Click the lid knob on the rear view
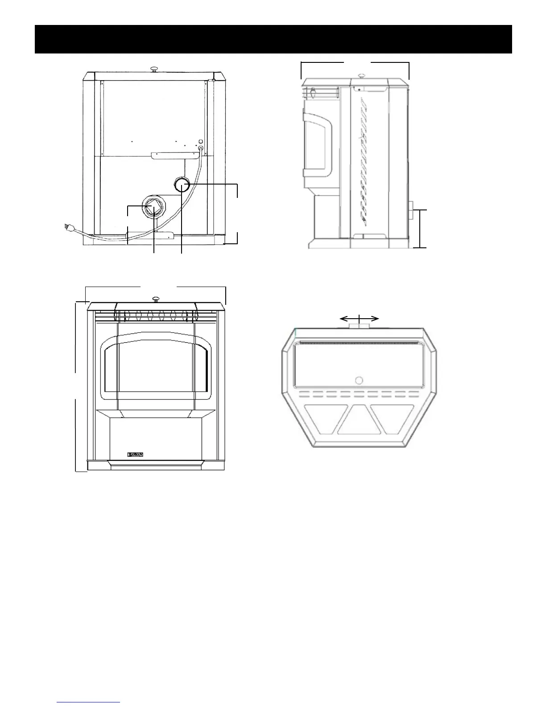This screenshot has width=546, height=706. click(153, 69)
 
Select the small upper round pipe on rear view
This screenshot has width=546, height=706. click(182, 184)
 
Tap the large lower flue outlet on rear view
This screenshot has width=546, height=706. click(153, 206)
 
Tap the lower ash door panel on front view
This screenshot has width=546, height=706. click(156, 438)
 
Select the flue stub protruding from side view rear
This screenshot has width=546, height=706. click(411, 210)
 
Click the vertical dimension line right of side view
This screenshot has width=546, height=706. click(421, 228)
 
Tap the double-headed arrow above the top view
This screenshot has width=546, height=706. click(359, 318)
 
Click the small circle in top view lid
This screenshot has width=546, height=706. click(359, 380)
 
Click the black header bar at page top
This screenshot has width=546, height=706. click(273, 39)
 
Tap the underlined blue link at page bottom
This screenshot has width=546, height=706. click(89, 703)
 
